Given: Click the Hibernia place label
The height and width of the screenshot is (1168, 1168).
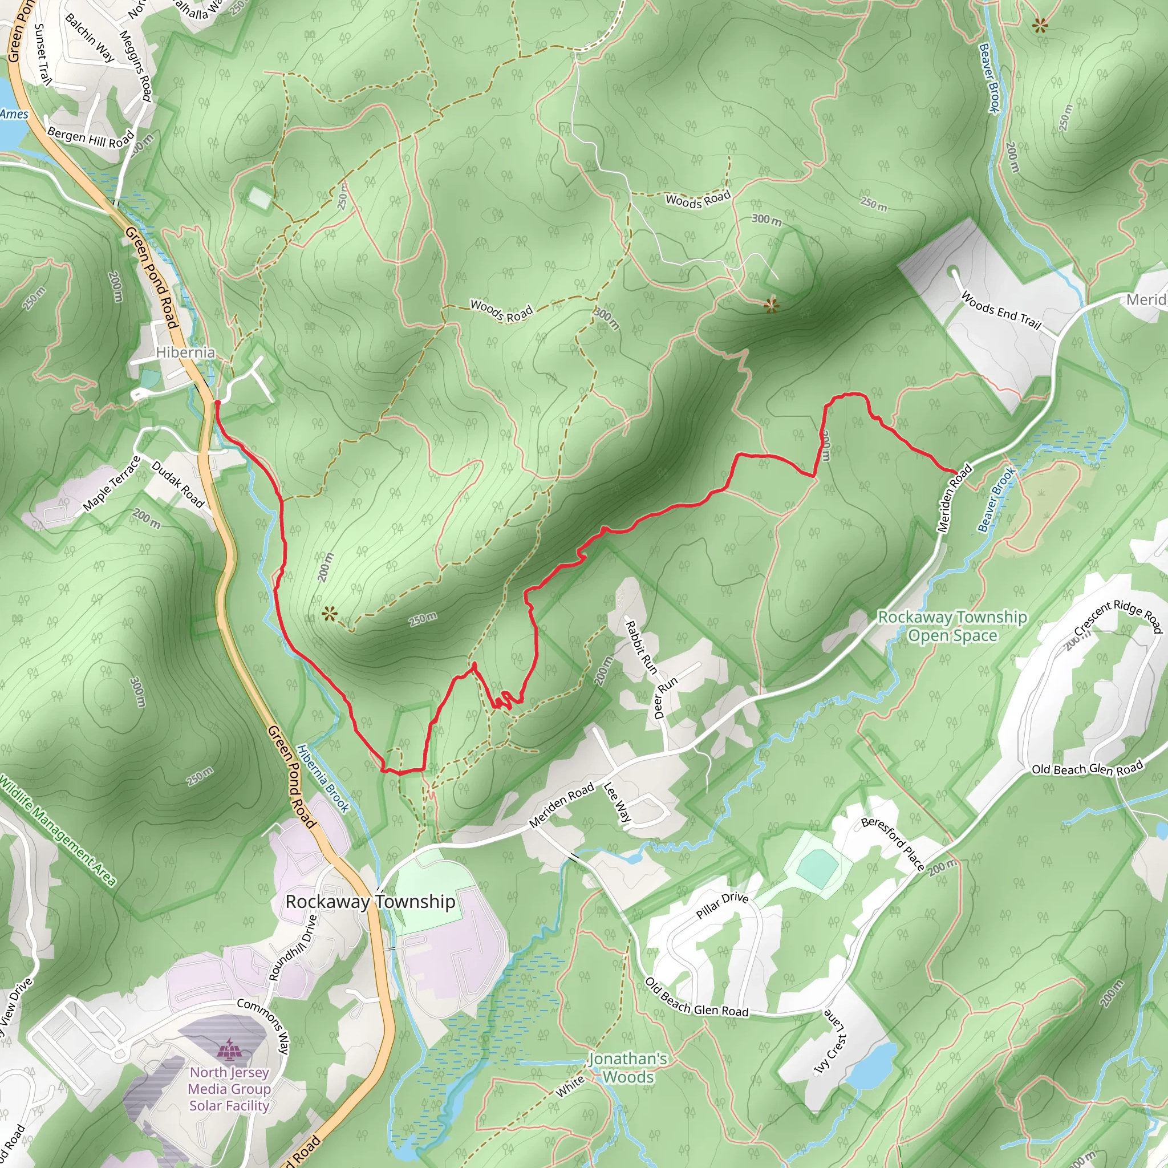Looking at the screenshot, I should [x=185, y=352].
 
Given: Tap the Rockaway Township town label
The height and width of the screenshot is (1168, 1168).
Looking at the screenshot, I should [x=370, y=902].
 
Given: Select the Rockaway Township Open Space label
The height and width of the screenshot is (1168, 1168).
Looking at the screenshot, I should [x=952, y=626].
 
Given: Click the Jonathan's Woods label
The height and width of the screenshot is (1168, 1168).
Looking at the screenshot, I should [x=627, y=1068].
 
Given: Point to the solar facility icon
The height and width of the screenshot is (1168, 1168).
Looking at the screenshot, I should [x=228, y=1049].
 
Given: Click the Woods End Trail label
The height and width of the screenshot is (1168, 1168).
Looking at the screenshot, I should [x=1001, y=311].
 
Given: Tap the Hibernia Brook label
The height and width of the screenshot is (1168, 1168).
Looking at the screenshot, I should [x=323, y=778].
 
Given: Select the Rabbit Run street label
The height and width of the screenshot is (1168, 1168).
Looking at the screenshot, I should [x=641, y=647].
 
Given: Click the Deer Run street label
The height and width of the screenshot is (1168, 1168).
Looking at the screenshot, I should [x=666, y=697].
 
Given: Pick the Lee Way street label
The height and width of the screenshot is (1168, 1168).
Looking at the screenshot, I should [x=618, y=803].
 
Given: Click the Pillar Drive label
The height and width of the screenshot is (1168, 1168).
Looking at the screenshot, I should [x=723, y=906].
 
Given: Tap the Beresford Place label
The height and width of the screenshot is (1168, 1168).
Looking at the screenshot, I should [x=893, y=844].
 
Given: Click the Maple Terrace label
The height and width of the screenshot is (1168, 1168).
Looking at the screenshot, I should [x=112, y=484].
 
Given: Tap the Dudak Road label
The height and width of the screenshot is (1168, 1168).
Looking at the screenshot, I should [x=178, y=484].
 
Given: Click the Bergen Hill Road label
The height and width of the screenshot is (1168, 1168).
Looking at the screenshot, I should [x=91, y=138].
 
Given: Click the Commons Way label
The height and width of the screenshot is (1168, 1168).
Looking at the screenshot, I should [x=263, y=1026].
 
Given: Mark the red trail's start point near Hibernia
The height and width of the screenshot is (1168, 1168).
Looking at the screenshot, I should [x=216, y=401].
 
